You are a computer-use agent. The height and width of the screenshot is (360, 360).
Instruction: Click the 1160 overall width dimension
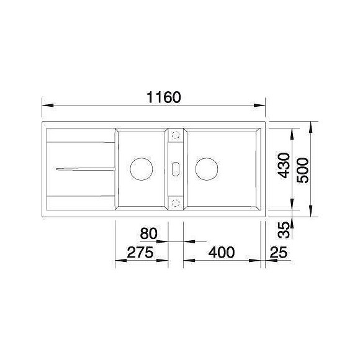(164, 97)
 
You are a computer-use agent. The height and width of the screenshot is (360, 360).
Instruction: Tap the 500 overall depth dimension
(302, 170)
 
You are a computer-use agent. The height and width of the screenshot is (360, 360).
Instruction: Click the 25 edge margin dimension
(278, 253)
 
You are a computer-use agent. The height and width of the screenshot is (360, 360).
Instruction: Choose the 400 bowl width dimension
(222, 253)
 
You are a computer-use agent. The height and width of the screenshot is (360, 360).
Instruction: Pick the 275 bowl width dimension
(140, 253)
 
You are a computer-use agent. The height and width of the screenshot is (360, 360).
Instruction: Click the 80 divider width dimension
(149, 233)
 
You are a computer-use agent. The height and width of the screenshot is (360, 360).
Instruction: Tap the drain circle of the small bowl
(142, 169)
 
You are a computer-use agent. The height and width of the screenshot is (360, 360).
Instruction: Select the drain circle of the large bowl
(207, 169)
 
